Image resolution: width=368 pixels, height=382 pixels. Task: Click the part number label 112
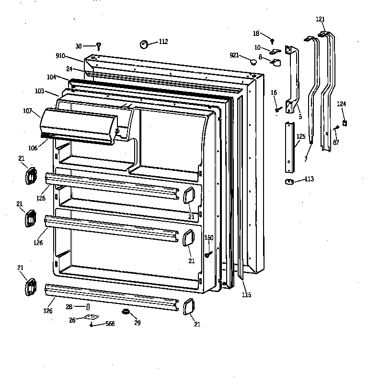(x=163, y=42)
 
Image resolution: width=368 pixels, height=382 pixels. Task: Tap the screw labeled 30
(x=99, y=46)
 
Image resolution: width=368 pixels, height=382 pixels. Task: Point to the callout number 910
(x=60, y=56)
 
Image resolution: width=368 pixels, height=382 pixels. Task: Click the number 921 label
(x=234, y=56)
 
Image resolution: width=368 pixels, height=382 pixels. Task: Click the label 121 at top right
(x=320, y=19)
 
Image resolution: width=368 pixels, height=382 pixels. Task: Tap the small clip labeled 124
(x=345, y=123)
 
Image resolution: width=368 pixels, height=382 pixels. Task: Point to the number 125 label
(x=300, y=136)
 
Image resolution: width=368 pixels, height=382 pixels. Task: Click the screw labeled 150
(x=208, y=254)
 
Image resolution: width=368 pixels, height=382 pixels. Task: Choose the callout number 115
(x=246, y=295)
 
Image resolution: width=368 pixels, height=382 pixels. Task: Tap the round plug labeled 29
(x=126, y=313)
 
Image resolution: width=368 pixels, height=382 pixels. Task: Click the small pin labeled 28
(x=88, y=306)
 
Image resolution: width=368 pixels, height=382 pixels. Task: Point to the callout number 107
(x=28, y=112)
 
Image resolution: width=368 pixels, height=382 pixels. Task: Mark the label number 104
(x=51, y=77)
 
